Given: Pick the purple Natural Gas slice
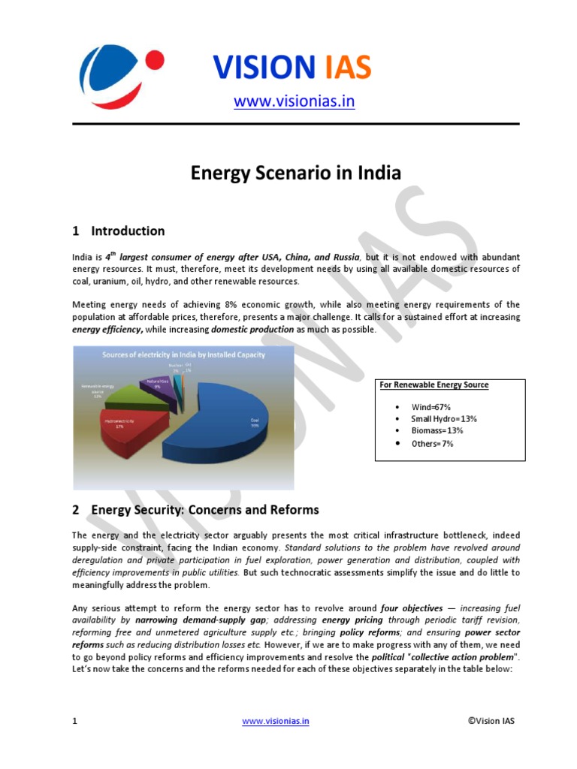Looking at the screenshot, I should pyautogui.click(x=159, y=388).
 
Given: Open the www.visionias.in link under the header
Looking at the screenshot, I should pyautogui.click(x=294, y=101).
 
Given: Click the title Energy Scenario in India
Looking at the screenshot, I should pyautogui.click(x=295, y=173).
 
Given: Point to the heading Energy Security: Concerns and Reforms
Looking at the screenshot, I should pyautogui.click(x=204, y=510).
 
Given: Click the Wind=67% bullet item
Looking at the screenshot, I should pyautogui.click(x=430, y=406).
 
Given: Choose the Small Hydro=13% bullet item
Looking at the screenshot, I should pyautogui.click(x=443, y=418).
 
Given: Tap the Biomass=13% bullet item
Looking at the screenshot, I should pyautogui.click(x=437, y=430).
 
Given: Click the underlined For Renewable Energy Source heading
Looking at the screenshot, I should pyautogui.click(x=434, y=385).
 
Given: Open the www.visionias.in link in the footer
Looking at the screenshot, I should pyautogui.click(x=275, y=721).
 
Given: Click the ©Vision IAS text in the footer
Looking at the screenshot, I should pyautogui.click(x=491, y=721).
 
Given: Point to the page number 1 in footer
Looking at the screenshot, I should pyautogui.click(x=74, y=721).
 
